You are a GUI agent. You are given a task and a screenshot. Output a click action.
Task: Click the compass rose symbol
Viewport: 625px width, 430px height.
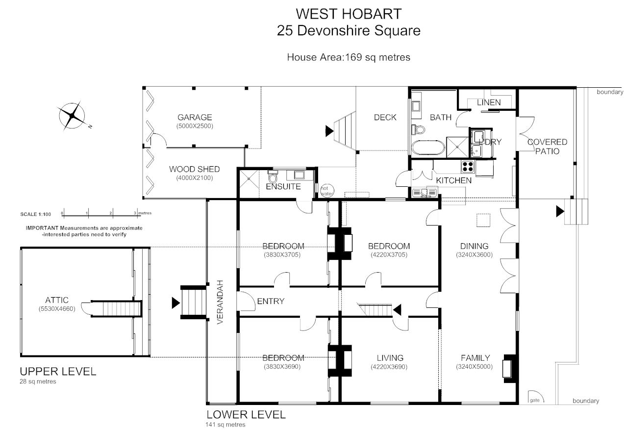(x=73, y=116)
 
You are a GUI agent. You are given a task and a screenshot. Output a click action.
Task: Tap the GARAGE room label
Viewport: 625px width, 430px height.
(x=195, y=117)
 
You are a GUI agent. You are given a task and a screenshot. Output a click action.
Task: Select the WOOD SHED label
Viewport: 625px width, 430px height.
(x=194, y=169)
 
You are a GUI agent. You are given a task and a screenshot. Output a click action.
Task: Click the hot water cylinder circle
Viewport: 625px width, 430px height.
(x=327, y=191)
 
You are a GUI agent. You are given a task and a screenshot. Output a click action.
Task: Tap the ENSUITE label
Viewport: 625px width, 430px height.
(x=283, y=186)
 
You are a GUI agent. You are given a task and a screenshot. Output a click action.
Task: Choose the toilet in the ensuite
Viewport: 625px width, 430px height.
(x=273, y=176)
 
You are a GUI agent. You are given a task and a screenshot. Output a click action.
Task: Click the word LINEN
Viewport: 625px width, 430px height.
(x=489, y=102)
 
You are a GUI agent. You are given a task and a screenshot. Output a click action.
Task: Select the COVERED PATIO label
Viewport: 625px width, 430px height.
(x=547, y=146)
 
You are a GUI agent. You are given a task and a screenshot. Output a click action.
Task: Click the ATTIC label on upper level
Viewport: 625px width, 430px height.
(x=56, y=300)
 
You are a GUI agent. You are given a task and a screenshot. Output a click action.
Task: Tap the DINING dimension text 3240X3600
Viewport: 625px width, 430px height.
(x=474, y=254)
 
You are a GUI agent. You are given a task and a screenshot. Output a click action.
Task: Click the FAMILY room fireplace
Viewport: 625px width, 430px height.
(x=508, y=367)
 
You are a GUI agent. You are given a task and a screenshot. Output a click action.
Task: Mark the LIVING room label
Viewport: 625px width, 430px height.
(x=390, y=357)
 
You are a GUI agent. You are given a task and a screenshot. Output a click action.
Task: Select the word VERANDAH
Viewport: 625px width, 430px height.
(x=220, y=302)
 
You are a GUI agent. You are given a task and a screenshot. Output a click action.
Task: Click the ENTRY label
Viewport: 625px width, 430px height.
(x=270, y=301)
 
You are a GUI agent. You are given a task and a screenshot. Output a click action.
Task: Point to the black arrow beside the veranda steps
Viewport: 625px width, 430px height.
(x=175, y=303)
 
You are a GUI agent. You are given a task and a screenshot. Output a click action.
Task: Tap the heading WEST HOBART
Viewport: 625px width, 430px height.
(x=348, y=13)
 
